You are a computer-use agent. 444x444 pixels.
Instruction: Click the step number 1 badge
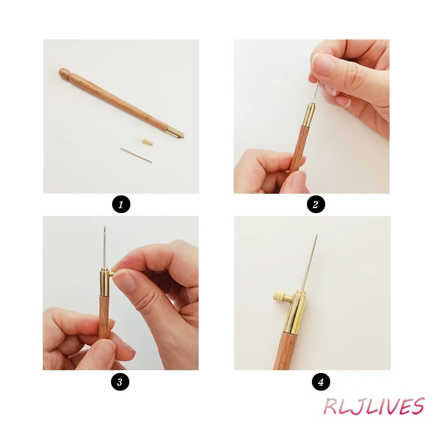pos(121,204)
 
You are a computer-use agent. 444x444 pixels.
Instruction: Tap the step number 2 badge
pos(316,204)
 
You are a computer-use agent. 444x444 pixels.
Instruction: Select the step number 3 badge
pos(120,382)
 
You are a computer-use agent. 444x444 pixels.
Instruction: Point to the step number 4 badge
pos(321,382)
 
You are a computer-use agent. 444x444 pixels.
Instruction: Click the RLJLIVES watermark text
pos(374,406)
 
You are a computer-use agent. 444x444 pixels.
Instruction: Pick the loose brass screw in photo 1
pos(148,142)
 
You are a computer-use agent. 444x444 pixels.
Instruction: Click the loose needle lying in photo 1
pos(136,155)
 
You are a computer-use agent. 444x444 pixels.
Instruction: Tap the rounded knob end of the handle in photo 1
pos(64,73)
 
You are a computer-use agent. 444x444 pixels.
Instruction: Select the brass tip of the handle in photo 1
pos(175,132)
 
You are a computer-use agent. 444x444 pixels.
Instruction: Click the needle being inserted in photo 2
pos(316,89)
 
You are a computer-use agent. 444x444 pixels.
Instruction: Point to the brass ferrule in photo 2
pos(309,114)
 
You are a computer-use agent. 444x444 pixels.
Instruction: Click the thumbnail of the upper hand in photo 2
pos(322,64)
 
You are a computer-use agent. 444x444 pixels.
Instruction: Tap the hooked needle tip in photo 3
pos(104,228)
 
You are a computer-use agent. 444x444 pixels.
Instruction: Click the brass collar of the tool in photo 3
pos(105,282)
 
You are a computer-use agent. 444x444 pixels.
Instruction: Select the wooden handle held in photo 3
pos(104,317)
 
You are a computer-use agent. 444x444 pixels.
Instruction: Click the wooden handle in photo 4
pos(284,351)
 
